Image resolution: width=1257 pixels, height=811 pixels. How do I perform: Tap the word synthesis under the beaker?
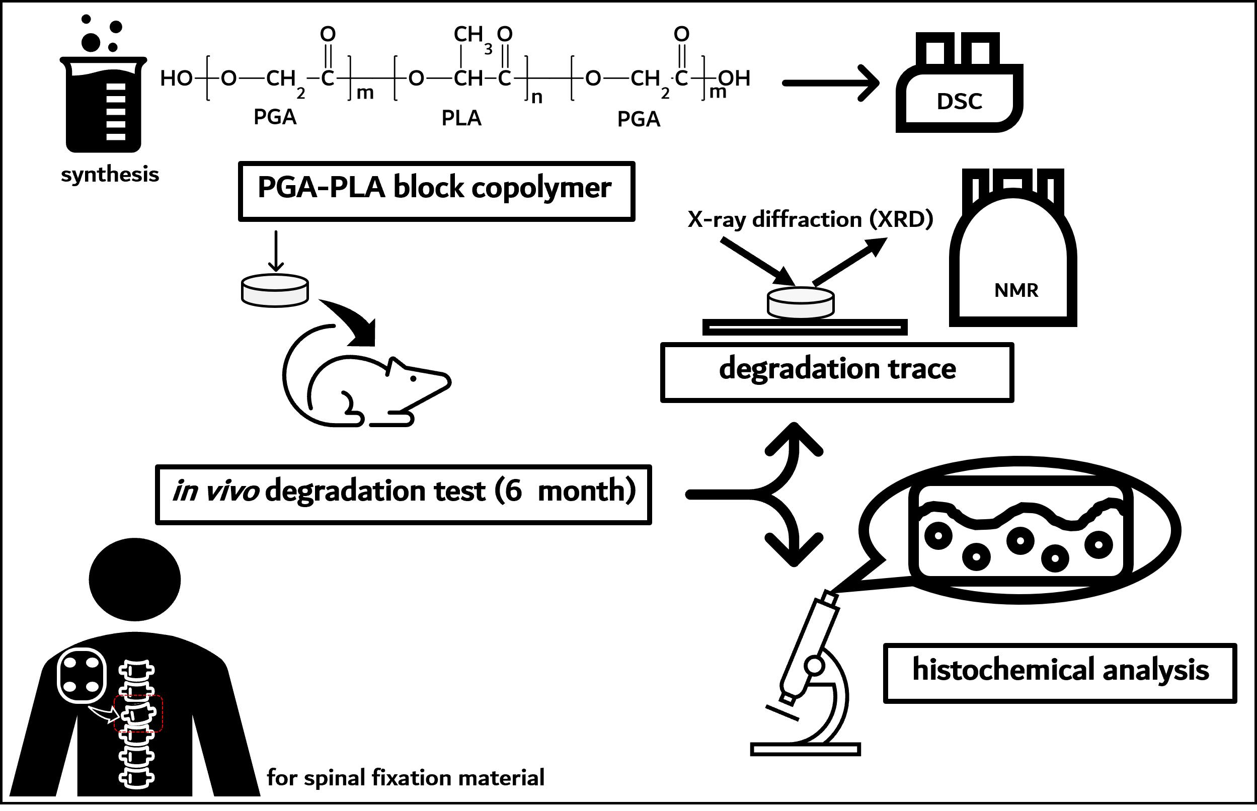(x=110, y=174)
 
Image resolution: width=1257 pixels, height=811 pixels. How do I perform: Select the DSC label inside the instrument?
(x=959, y=102)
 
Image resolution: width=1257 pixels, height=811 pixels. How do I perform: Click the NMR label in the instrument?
(x=1016, y=291)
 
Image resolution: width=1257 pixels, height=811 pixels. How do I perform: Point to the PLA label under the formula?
(x=461, y=118)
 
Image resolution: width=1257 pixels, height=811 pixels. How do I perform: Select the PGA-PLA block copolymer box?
(x=436, y=191)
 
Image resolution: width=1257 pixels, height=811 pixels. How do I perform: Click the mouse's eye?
(x=414, y=378)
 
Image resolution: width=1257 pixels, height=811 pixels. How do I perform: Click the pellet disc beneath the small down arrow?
(x=275, y=290)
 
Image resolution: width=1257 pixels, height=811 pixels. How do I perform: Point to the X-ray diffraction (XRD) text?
(x=810, y=219)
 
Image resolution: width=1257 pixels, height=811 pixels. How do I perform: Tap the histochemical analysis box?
(x=1060, y=673)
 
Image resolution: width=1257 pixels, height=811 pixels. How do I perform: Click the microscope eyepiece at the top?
(x=829, y=599)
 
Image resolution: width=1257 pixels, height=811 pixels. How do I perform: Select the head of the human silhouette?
(x=135, y=579)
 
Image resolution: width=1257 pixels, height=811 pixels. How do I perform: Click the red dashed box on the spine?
(x=138, y=713)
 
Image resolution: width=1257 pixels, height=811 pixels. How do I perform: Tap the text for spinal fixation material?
(x=406, y=778)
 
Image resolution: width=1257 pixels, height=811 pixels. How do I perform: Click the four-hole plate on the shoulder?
(x=82, y=676)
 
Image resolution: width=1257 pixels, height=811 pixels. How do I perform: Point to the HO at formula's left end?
(x=176, y=78)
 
